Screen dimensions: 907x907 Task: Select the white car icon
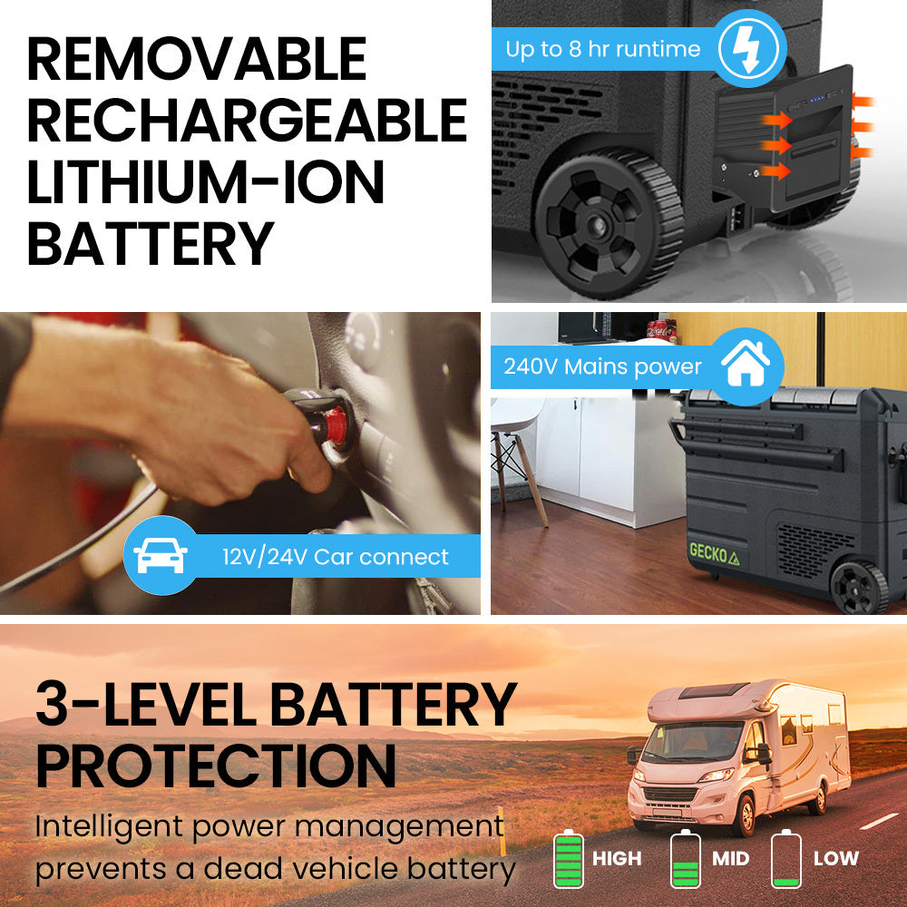pyautogui.click(x=161, y=556)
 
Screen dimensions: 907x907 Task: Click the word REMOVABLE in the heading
pyautogui.click(x=196, y=60)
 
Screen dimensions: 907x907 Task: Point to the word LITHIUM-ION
pyautogui.click(x=205, y=181)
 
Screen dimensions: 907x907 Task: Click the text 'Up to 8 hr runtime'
pyautogui.click(x=601, y=49)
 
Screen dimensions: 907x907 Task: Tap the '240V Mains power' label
pyautogui.click(x=602, y=367)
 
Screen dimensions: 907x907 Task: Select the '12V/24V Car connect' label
pyautogui.click(x=336, y=556)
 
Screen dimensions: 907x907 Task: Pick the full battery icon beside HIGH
pyautogui.click(x=569, y=858)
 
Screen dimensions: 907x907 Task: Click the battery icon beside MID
pyautogui.click(x=685, y=858)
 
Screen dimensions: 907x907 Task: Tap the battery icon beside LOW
pyautogui.click(x=785, y=858)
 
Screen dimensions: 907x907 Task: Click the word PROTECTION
pyautogui.click(x=216, y=765)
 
